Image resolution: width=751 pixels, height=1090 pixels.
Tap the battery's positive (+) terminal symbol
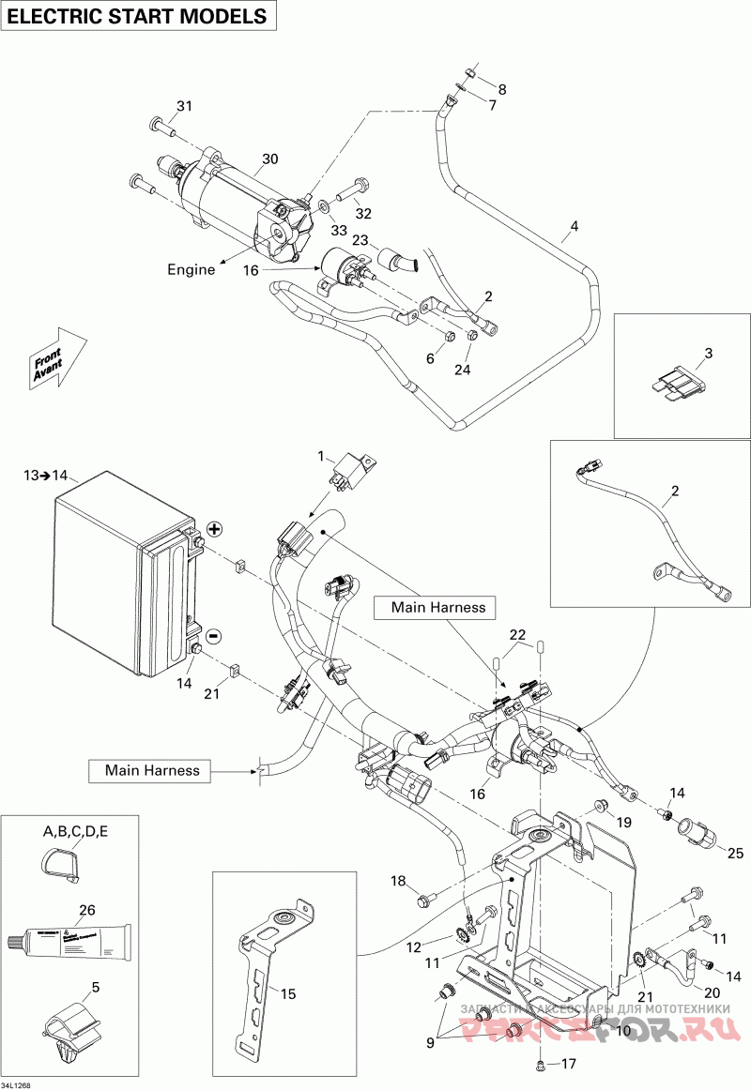tap(214, 529)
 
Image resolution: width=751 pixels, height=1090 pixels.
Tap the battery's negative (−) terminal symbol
tap(213, 636)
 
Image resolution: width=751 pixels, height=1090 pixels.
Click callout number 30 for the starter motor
tap(270, 159)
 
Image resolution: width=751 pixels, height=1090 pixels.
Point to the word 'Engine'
tap(192, 269)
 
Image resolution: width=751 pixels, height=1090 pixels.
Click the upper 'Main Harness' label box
tap(433, 607)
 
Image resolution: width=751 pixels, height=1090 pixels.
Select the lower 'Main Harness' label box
tap(152, 770)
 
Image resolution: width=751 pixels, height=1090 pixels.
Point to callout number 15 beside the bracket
tap(288, 992)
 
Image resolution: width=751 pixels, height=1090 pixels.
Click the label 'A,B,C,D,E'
tap(75, 831)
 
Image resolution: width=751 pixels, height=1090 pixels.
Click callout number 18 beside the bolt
tap(398, 881)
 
